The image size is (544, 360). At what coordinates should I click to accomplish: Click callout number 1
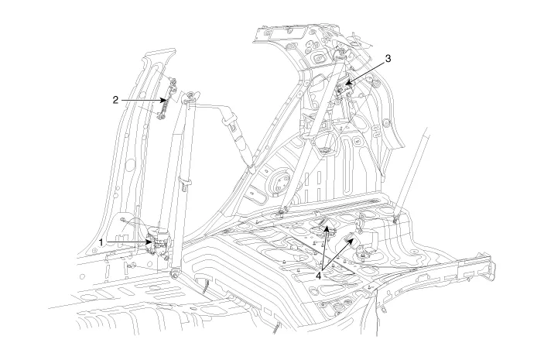(101, 242)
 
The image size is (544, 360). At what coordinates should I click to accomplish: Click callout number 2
(115, 100)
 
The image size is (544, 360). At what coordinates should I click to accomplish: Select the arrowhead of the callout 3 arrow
(346, 84)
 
